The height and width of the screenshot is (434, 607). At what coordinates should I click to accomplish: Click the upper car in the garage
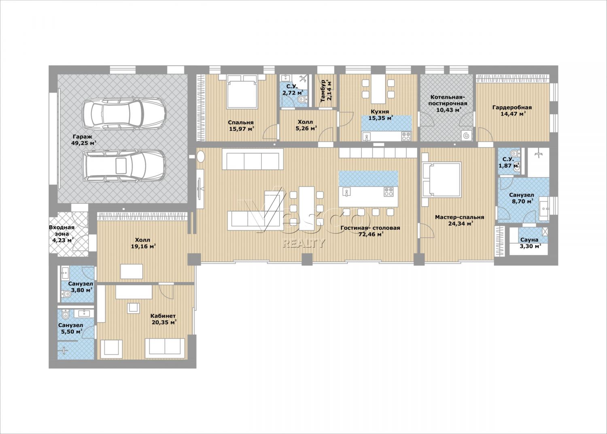[124, 113]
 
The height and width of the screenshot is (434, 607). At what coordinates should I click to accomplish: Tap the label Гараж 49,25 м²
[84, 140]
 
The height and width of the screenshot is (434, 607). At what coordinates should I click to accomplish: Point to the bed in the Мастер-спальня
[441, 179]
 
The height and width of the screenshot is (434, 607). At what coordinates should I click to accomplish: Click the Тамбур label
[326, 90]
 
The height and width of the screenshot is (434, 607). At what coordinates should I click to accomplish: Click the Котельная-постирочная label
[449, 103]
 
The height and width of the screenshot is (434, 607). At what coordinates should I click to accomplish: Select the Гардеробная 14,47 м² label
[512, 111]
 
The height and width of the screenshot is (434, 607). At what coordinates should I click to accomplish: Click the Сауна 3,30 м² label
[529, 243]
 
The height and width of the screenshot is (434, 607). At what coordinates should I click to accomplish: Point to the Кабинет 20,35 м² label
[163, 319]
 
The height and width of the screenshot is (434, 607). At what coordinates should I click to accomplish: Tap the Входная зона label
[62, 234]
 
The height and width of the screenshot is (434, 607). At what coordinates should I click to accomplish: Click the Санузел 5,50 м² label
[71, 328]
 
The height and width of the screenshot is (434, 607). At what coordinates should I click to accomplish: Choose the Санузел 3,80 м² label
[81, 287]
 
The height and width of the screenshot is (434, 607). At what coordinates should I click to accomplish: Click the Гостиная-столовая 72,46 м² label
[370, 231]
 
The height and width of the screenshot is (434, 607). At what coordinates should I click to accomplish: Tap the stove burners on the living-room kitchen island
[388, 192]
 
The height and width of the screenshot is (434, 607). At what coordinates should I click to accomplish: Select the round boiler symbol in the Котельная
[466, 135]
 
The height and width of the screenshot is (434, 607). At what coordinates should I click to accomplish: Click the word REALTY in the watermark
[303, 243]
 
